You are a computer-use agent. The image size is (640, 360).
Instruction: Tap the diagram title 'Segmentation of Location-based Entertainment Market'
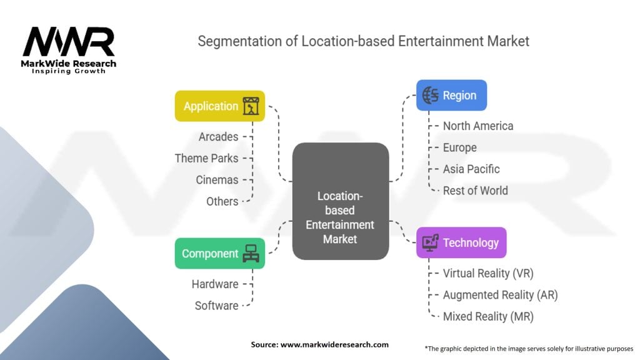(x=363, y=41)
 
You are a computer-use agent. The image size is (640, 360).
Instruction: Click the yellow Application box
(x=219, y=106)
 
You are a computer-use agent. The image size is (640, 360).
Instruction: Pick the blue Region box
(x=451, y=96)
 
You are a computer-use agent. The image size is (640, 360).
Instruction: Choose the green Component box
(x=219, y=254)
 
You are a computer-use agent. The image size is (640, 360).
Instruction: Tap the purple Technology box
(x=461, y=242)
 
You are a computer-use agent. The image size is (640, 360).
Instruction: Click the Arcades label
(x=218, y=136)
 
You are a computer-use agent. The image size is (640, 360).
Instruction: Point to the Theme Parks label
(x=206, y=158)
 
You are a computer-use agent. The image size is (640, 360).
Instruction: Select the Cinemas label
(x=217, y=180)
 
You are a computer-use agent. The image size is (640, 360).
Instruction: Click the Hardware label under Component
(x=214, y=284)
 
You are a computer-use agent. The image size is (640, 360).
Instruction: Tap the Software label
(x=216, y=306)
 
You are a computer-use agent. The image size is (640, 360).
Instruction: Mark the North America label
(x=478, y=126)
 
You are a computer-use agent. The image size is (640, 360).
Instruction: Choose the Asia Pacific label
(x=471, y=169)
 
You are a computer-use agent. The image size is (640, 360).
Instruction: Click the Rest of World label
(x=475, y=191)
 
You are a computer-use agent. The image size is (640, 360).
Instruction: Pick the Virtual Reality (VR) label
(x=488, y=273)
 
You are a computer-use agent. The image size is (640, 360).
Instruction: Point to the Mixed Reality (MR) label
(x=488, y=316)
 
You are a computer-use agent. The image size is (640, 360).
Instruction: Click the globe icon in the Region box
(x=430, y=96)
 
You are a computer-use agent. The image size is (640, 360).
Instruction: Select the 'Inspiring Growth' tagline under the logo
(x=69, y=71)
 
